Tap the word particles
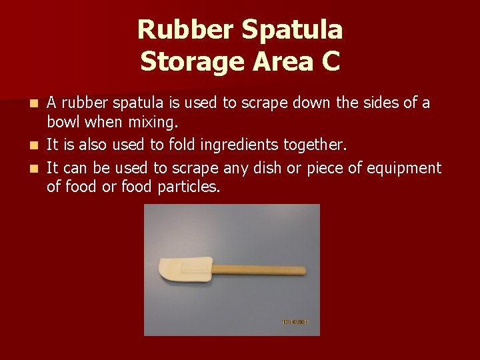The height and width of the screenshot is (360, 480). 189,187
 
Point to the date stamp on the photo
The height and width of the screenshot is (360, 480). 295,323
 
